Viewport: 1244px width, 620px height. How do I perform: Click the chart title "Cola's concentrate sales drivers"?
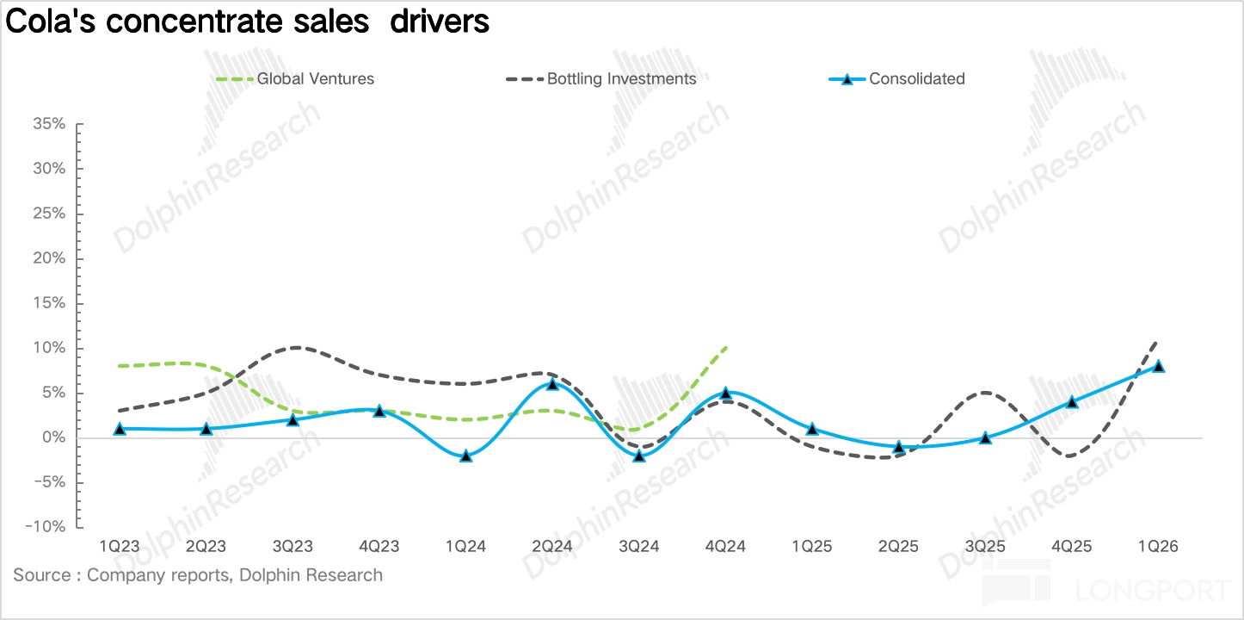click(248, 22)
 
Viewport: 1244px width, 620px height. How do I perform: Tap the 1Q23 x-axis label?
click(120, 547)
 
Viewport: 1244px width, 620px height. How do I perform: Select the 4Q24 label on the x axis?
click(724, 547)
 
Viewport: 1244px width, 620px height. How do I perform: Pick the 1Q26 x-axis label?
click(1157, 547)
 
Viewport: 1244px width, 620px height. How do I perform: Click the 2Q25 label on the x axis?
click(897, 547)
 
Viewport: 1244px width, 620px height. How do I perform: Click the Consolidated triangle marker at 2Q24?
click(551, 384)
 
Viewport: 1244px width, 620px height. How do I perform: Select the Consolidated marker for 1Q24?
click(465, 456)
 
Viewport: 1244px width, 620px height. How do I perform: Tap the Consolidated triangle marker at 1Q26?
click(1157, 366)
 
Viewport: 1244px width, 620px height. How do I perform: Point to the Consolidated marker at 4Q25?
click(1071, 402)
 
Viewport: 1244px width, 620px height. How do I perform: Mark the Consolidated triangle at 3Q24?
click(638, 456)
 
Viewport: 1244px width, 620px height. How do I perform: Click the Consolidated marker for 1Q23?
click(120, 429)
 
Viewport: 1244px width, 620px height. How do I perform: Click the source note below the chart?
click(198, 575)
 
